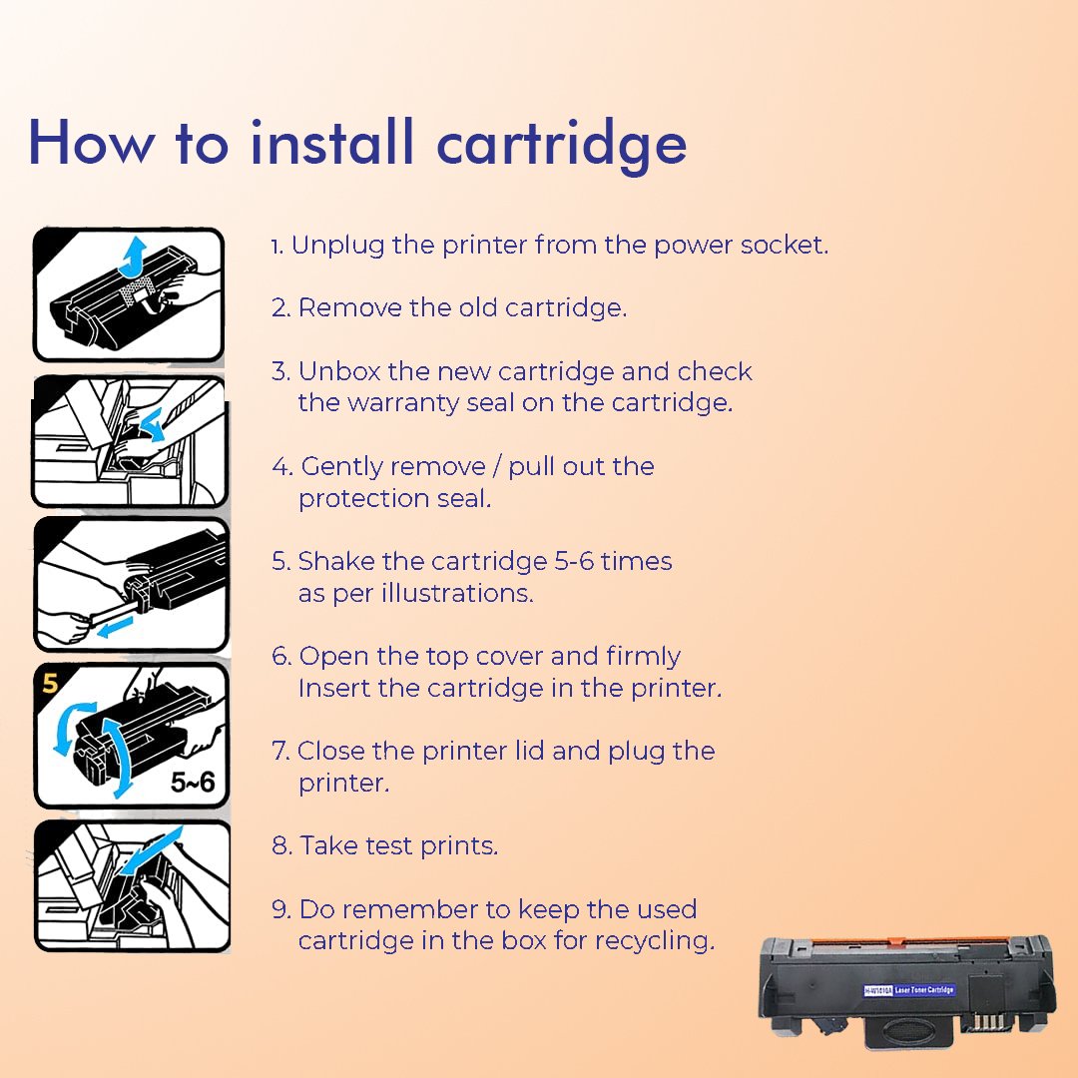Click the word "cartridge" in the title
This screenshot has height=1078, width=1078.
pyautogui.click(x=562, y=146)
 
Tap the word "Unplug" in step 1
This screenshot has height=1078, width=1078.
pyautogui.click(x=337, y=247)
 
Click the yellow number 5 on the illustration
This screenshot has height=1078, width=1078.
pyautogui.click(x=50, y=683)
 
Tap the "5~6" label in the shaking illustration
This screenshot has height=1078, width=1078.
pyautogui.click(x=193, y=782)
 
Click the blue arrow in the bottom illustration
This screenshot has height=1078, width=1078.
pyautogui.click(x=153, y=850)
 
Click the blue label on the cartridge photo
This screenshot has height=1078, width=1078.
pyautogui.click(x=909, y=990)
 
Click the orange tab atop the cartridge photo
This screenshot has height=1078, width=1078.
pyautogui.click(x=894, y=940)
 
